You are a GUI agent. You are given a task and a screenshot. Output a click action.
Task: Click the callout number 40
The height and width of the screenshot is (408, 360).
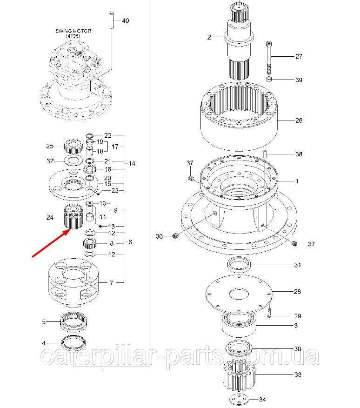pyautogui.click(x=126, y=21)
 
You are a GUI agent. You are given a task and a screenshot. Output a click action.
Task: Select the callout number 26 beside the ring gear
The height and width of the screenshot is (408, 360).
pyautogui.click(x=299, y=120)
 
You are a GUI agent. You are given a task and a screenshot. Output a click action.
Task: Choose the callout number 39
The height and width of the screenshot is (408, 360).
pyautogui.click(x=299, y=80)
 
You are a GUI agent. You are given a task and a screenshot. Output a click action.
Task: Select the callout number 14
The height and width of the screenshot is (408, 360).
pyautogui.click(x=132, y=163)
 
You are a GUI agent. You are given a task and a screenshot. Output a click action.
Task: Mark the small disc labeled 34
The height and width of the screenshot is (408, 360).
pyautogui.click(x=240, y=399)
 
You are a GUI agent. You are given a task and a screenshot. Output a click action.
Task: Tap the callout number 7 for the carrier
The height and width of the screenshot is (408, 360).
pyautogui.click(x=111, y=282)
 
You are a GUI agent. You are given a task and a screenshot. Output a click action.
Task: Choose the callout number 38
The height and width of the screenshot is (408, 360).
pyautogui.click(x=299, y=154)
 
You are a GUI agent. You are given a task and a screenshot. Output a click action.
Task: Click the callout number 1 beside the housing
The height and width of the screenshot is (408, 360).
pyautogui.click(x=297, y=181)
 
